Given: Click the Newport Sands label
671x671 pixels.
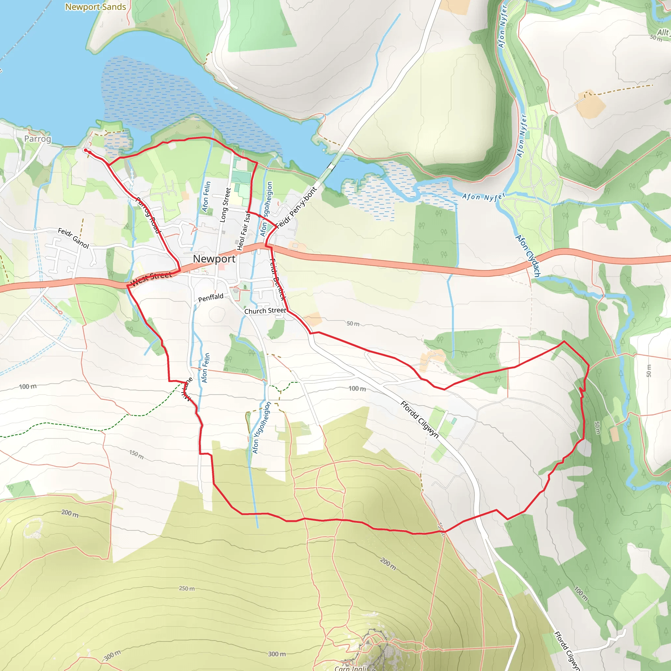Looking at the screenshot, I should click(x=96, y=7).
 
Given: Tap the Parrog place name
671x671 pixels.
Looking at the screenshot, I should click(x=37, y=139).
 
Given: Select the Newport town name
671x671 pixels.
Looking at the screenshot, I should click(x=214, y=259).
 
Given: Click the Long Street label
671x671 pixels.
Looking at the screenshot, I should click(x=225, y=205).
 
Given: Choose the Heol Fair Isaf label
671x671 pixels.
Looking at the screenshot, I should click(x=243, y=231).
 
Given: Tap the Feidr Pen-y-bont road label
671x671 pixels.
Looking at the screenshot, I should click(x=297, y=208).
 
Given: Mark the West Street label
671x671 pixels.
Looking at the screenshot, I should click(x=151, y=278).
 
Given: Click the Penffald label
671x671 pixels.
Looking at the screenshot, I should click(x=210, y=297).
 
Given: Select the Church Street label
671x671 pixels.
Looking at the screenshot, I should click(x=265, y=311).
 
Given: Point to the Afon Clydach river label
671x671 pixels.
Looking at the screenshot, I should click(x=528, y=256).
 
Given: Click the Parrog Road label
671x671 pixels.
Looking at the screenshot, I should click(x=148, y=215).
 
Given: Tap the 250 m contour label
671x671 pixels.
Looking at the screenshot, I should click(x=187, y=588).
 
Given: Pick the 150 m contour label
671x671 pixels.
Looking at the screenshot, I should click(x=136, y=454).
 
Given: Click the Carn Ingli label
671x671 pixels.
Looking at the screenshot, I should click(x=351, y=668).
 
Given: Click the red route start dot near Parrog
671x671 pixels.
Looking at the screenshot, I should click(x=86, y=150).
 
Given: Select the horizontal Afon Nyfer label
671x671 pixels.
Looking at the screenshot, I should click(x=484, y=197).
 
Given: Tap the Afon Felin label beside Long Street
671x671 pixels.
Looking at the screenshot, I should click(x=206, y=197).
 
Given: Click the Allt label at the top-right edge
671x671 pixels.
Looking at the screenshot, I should click(x=663, y=32).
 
